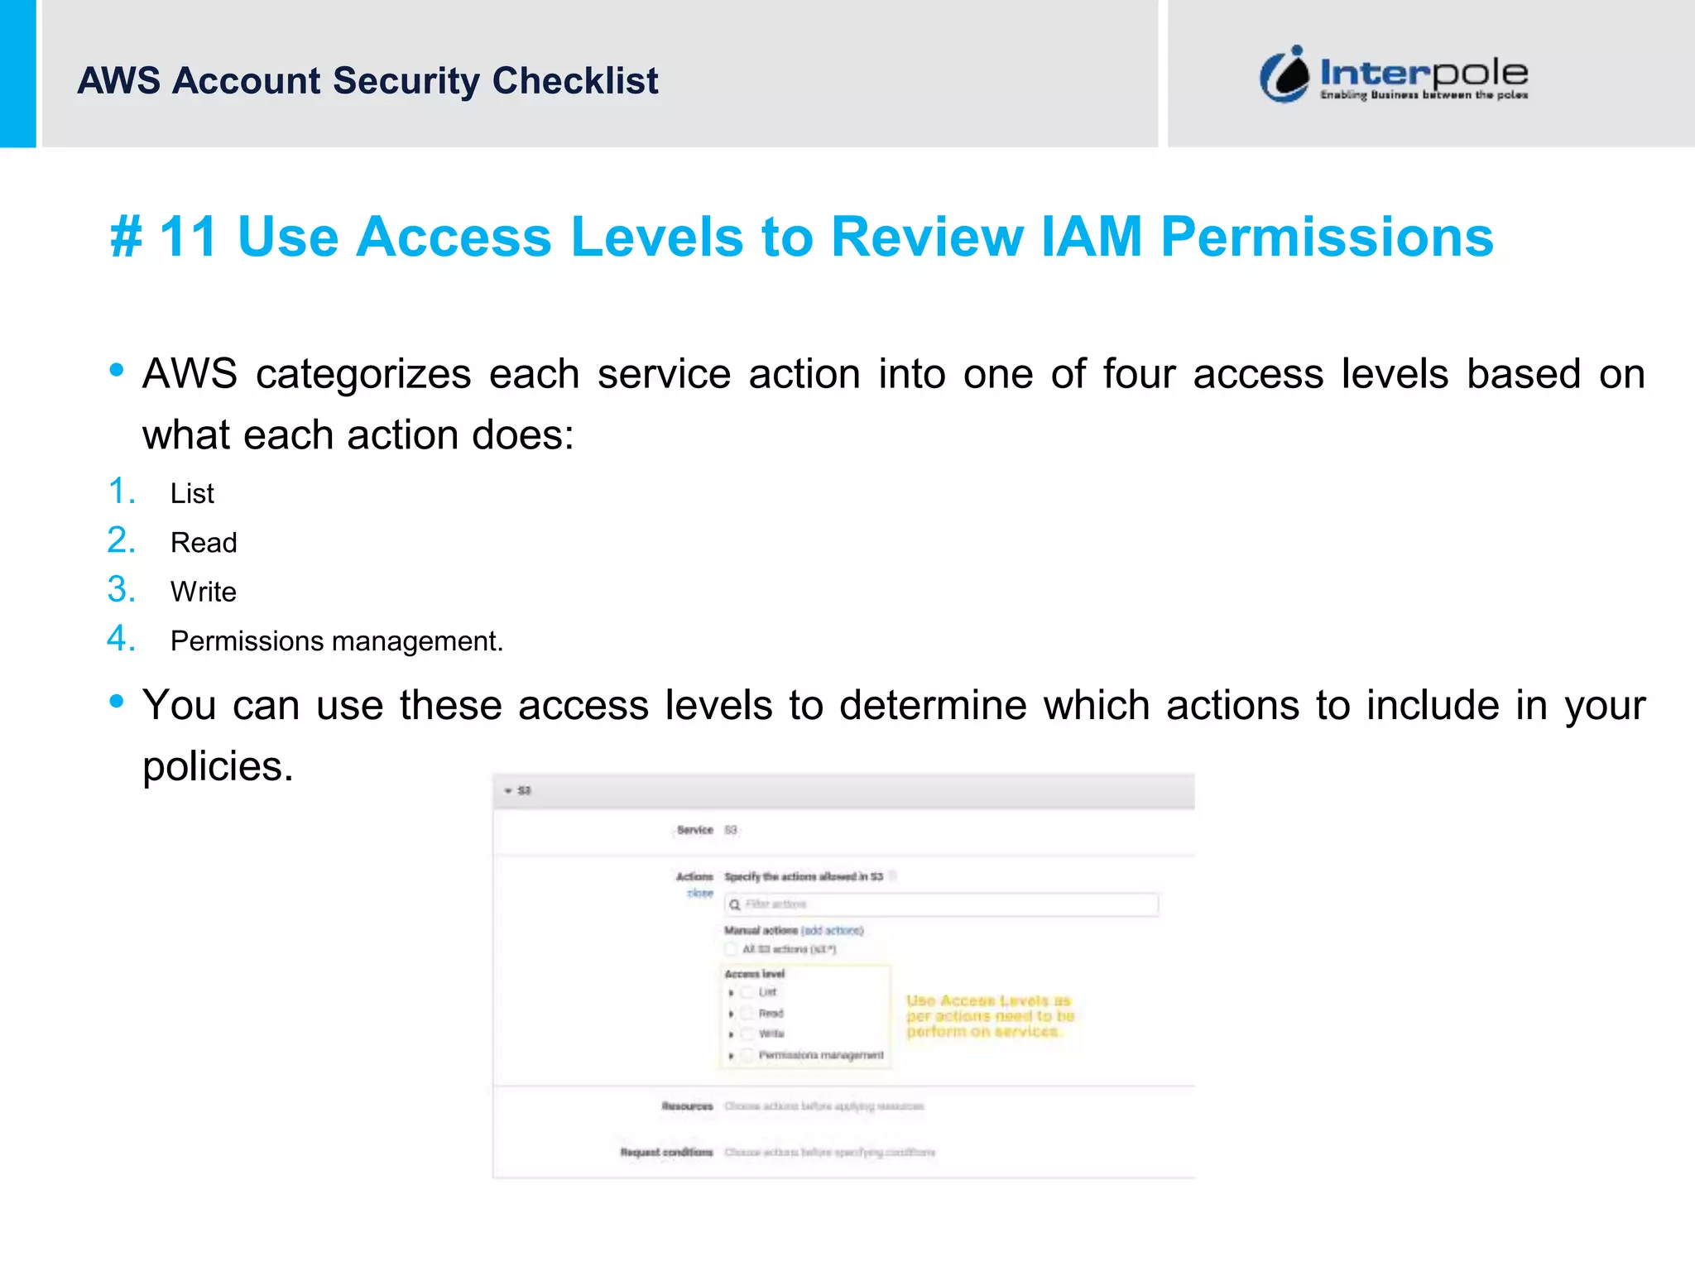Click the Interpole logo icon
1284,74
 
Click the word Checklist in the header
575,81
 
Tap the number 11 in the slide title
188,237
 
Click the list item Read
204,543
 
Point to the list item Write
204,592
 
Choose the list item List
192,494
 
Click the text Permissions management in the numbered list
335,641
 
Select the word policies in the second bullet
217,766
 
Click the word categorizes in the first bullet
363,374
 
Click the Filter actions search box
942,904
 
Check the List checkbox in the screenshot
747,992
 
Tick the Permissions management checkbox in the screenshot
747,1055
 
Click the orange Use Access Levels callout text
989,1016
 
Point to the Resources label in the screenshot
687,1106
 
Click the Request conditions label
666,1153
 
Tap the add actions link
832,931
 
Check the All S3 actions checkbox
732,949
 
